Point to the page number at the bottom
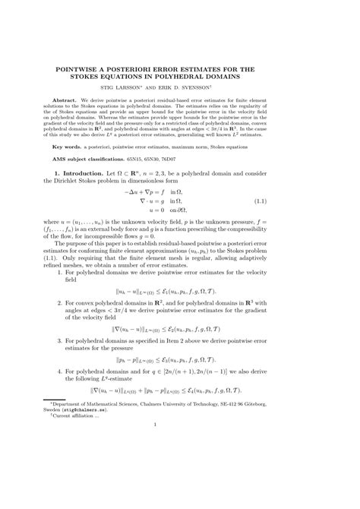[180, 477]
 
